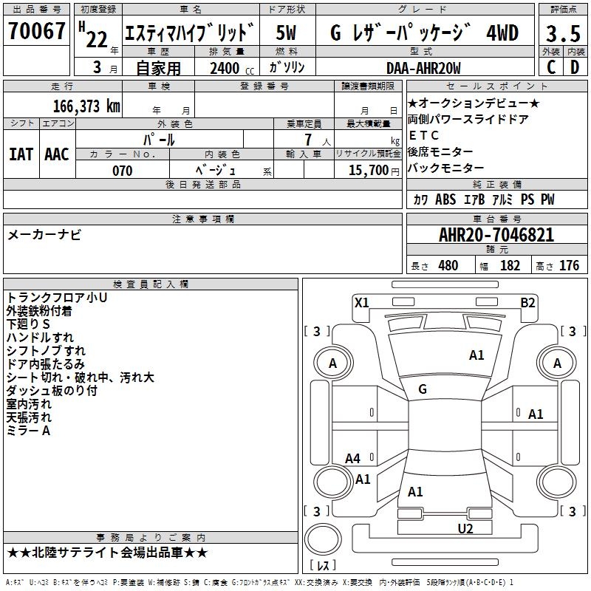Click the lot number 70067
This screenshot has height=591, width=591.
coord(37,32)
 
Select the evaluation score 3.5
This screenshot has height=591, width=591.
coord(563,34)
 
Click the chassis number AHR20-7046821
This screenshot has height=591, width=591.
coord(496,235)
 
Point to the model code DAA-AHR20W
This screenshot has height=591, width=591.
coord(423,68)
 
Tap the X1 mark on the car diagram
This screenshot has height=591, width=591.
coord(362,301)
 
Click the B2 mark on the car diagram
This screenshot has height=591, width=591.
coord(527,301)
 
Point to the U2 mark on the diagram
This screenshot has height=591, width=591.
coord(465,527)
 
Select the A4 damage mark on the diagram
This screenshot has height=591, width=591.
coord(353,458)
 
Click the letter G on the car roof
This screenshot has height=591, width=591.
coord(423,389)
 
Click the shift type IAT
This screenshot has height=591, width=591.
coord(21,154)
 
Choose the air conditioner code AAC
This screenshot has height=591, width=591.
coord(57,154)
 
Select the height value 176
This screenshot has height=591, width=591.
coord(569,265)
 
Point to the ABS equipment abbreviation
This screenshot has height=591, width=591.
coord(445,199)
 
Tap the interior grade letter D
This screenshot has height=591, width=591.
coord(575,67)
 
